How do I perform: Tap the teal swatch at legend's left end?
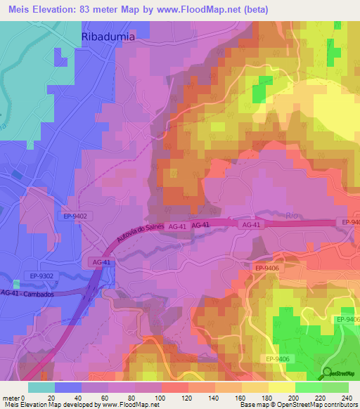(x=41, y=387)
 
